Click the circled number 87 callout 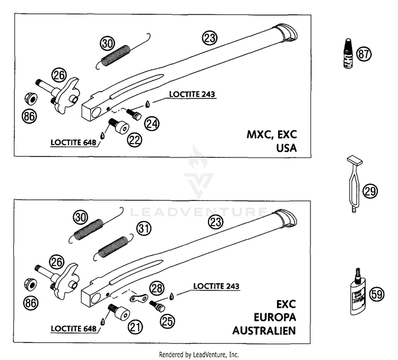click(x=364, y=54)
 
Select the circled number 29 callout click(x=370, y=191)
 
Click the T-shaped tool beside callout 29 click(x=355, y=183)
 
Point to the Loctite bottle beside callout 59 click(x=357, y=292)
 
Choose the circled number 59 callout click(x=377, y=294)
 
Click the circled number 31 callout click(x=144, y=229)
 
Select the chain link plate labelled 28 click(x=139, y=297)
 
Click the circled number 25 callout click(x=167, y=321)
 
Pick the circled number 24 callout click(x=152, y=124)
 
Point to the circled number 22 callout click(x=135, y=139)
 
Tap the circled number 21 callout click(x=135, y=327)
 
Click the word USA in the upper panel click(x=287, y=148)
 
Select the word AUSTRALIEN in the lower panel click(x=264, y=331)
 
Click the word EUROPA click(x=275, y=317)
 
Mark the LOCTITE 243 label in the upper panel click(x=192, y=94)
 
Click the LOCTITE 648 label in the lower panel click(x=74, y=329)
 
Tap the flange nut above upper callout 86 click(x=31, y=99)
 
